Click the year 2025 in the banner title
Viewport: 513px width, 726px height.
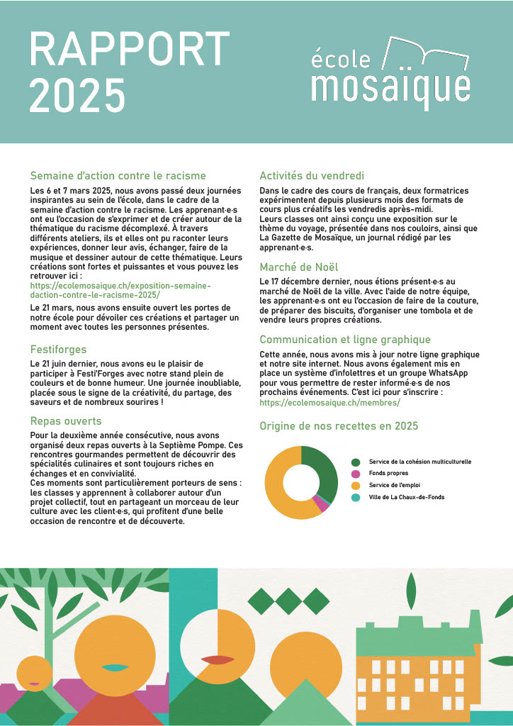click(x=77, y=96)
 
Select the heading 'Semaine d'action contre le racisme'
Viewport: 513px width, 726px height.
click(x=118, y=175)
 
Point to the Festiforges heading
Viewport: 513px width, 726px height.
click(x=59, y=349)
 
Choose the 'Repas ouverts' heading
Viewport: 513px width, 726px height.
click(x=66, y=420)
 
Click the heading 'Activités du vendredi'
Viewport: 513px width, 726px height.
click(x=312, y=175)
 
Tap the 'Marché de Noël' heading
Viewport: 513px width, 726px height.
click(x=299, y=267)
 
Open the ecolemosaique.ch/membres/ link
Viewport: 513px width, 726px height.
click(x=329, y=402)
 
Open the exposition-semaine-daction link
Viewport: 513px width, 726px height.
click(x=120, y=289)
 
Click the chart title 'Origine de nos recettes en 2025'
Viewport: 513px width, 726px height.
click(x=339, y=426)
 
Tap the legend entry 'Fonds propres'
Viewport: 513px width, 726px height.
click(x=388, y=473)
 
